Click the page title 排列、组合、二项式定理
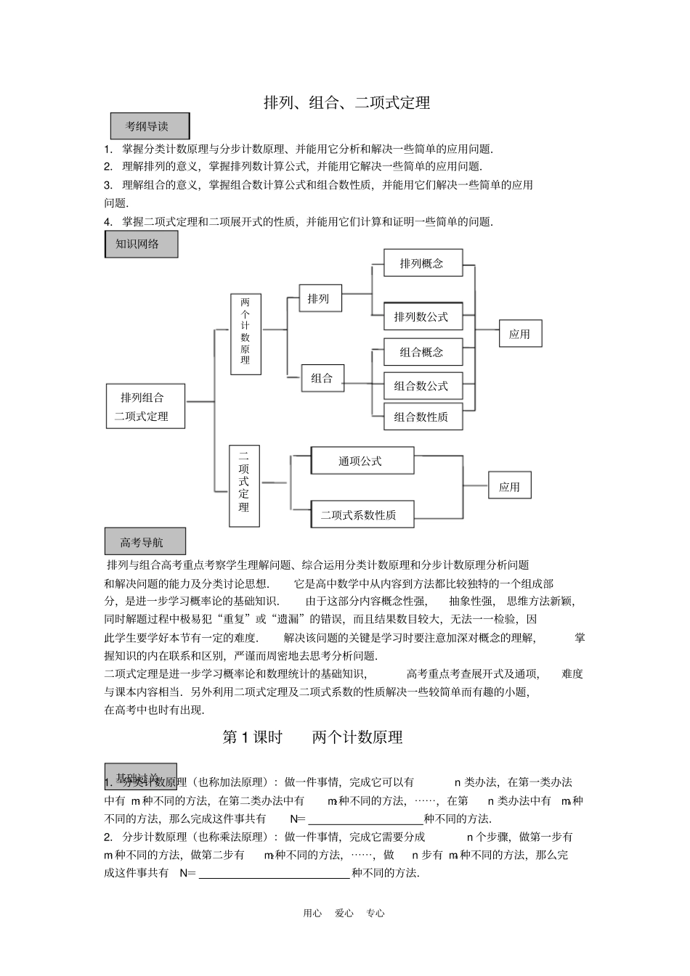coord(346,103)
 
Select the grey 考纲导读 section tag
coord(150,126)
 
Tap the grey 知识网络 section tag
coord(141,244)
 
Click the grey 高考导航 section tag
coord(145,542)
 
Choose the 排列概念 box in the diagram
coord(422,263)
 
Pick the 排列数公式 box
coord(422,316)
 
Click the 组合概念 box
coord(422,352)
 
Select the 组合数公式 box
coord(422,385)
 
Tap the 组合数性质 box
coord(422,417)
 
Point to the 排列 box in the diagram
coord(320,298)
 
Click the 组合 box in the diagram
coord(322,377)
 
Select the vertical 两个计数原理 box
coord(245,334)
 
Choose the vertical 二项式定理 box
coord(244,485)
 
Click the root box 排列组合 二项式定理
coord(145,406)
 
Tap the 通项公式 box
coord(362,461)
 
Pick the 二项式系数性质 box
coord(362,514)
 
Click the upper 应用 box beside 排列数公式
coord(520,334)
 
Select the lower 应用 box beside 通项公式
coord(510,486)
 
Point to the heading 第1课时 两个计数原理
coord(312,737)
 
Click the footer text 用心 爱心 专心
coord(344,913)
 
